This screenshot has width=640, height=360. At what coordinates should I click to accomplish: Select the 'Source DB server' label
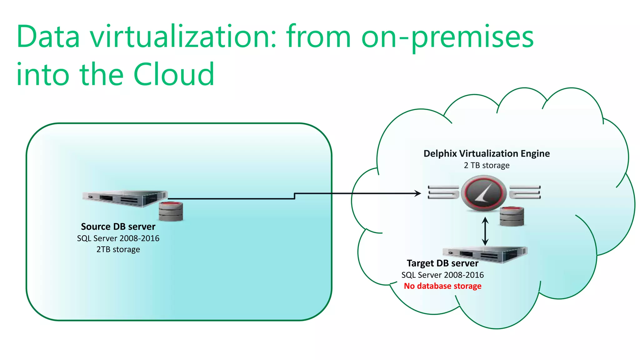pos(118,227)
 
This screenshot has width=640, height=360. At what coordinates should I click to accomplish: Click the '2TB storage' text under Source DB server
pos(118,249)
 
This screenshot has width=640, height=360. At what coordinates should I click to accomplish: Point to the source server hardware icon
pos(125,198)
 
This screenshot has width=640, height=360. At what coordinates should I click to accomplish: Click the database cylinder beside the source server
pos(171,212)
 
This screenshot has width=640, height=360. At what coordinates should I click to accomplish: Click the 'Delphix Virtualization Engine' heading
pos(487,153)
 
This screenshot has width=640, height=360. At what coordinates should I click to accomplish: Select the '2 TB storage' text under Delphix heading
pos(487,165)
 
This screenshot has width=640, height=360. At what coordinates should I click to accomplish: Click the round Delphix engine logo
pos(484,193)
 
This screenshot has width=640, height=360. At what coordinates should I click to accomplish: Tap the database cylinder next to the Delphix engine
pos(512,216)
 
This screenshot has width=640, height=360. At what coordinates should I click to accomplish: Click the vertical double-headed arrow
pos(485,231)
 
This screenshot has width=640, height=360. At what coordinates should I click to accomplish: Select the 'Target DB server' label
pos(442,263)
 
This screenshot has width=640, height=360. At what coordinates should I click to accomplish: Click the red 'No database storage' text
pos(442,286)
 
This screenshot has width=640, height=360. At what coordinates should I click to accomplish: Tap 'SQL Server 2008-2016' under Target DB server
pos(442,275)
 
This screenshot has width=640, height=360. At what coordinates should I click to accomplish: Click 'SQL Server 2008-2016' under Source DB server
pos(118,238)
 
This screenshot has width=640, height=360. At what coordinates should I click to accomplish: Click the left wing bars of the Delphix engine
pos(443,192)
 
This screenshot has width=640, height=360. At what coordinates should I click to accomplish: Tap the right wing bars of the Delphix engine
pos(525,192)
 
